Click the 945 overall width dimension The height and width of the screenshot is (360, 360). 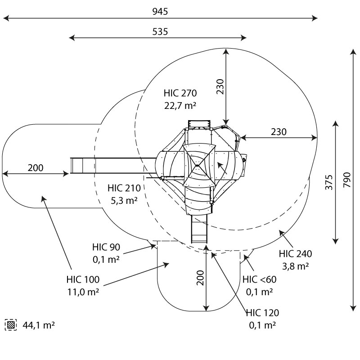click(x=160, y=12)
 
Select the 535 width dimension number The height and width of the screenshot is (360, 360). click(x=160, y=31)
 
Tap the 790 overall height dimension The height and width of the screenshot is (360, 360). click(x=347, y=180)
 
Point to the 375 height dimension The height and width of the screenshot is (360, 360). click(x=329, y=182)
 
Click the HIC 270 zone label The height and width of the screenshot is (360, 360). click(x=180, y=93)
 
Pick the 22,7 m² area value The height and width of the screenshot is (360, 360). click(x=180, y=106)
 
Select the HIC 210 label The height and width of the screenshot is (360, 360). click(x=124, y=188)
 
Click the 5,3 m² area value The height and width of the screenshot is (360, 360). click(x=124, y=200)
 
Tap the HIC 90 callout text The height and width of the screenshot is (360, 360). click(x=106, y=247)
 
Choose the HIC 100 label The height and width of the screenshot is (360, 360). click(x=83, y=279)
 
